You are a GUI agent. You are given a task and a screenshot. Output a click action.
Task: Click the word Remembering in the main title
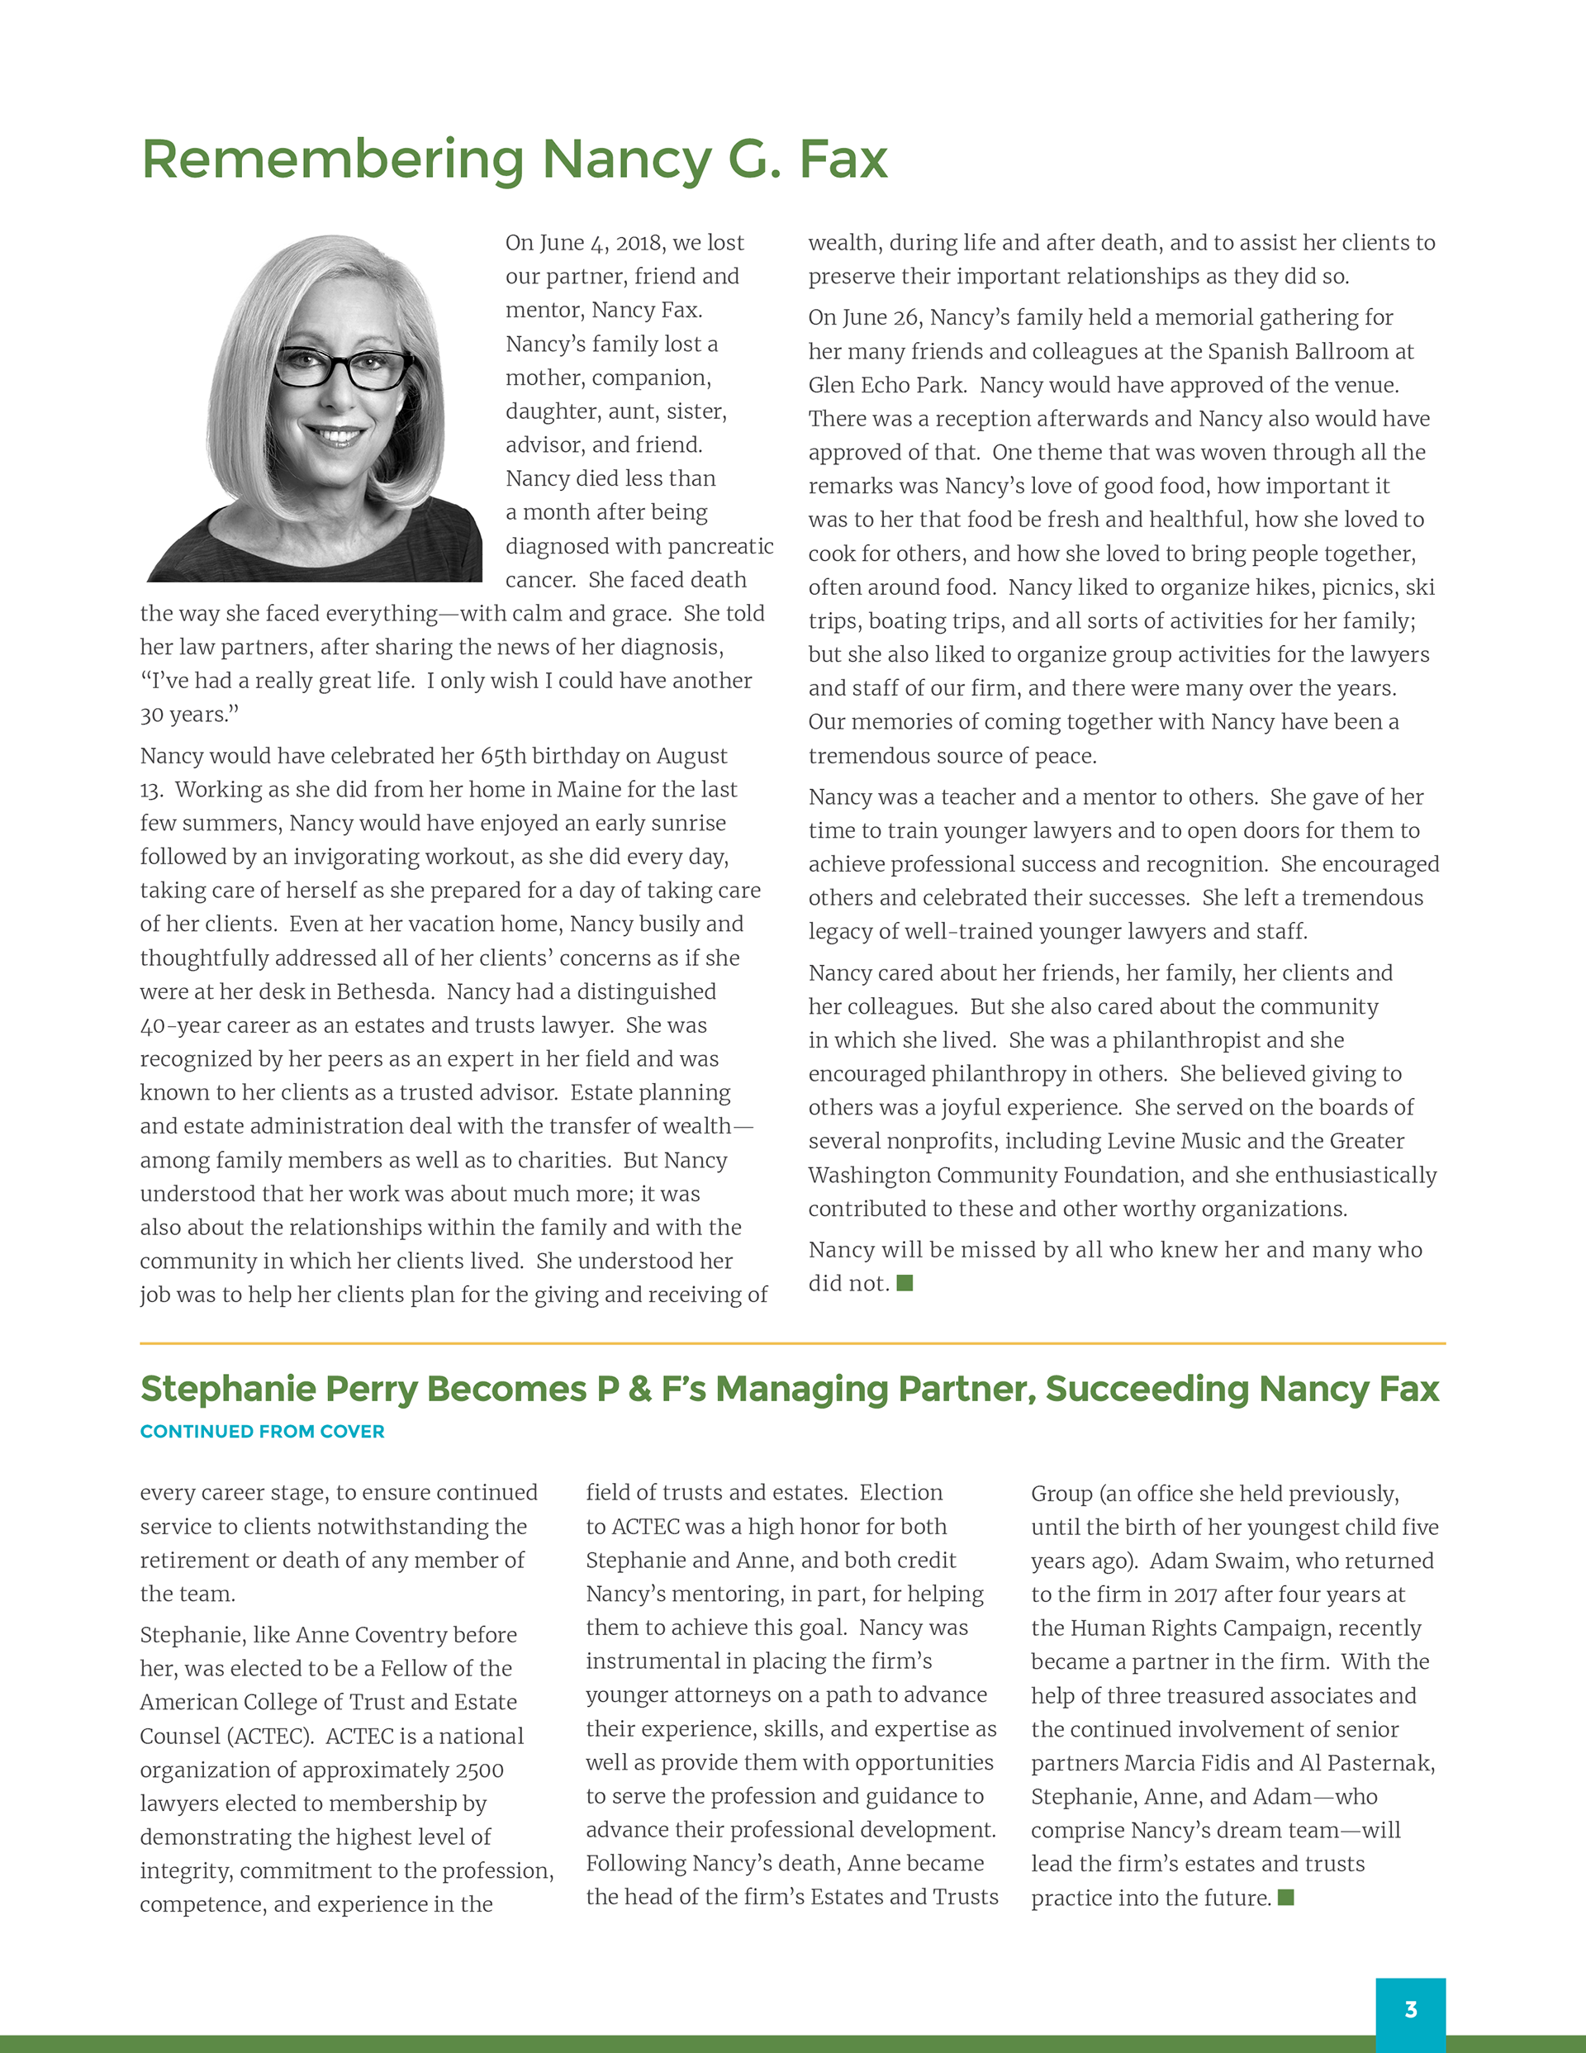point(333,159)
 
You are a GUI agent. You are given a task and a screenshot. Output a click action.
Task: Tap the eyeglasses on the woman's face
point(344,367)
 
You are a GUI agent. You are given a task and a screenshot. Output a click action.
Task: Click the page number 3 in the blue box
point(1410,2010)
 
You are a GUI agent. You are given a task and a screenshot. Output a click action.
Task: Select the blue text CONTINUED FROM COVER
point(263,1432)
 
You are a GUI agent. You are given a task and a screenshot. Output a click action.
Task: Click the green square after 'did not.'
point(905,1283)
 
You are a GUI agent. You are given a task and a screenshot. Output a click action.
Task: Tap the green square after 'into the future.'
point(1286,1897)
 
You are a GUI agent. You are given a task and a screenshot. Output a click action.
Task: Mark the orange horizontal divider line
point(792,1343)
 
